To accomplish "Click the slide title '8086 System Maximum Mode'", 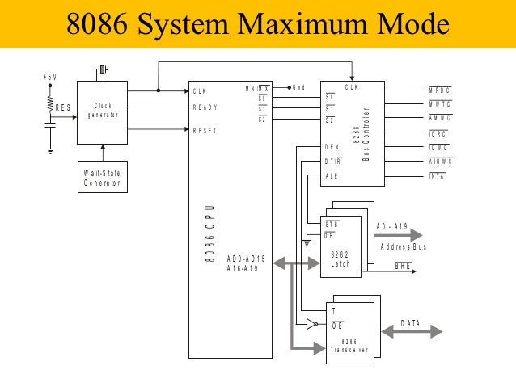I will (257, 24).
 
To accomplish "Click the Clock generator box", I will (103, 111).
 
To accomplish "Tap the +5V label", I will (49, 77).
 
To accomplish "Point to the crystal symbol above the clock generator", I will (102, 72).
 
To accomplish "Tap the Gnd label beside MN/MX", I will (298, 88).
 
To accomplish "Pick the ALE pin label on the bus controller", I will (331, 175).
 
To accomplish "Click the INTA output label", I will (437, 175).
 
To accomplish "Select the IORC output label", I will (438, 133).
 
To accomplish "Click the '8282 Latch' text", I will (340, 259).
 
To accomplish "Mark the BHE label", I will (403, 265).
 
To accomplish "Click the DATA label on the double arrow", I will (411, 324).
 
